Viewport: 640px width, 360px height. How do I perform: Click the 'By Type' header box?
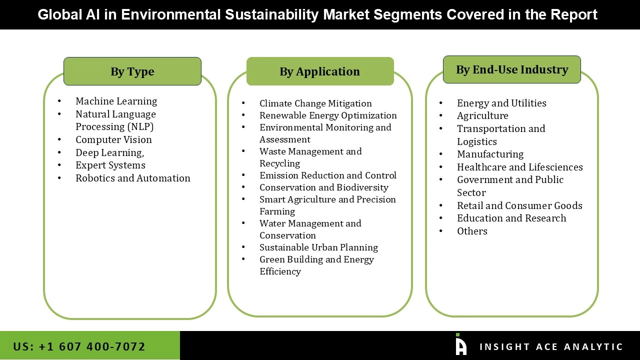point(132,71)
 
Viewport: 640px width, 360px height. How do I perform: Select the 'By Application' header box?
point(320,71)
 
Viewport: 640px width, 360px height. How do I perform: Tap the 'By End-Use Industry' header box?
point(512,69)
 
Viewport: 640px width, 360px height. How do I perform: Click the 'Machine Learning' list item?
point(116,101)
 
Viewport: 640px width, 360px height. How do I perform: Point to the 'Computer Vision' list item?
point(113,139)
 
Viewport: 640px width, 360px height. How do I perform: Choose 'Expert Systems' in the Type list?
point(110,165)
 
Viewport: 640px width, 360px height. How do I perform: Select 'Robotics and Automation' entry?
point(133,178)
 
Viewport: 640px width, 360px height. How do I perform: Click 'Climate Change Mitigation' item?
point(315,103)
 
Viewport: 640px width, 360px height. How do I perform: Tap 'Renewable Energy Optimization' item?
point(328,115)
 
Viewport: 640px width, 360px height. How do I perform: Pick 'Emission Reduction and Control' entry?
point(328,175)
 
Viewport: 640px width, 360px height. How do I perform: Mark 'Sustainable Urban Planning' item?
point(318,247)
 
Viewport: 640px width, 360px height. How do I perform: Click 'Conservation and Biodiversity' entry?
point(324,187)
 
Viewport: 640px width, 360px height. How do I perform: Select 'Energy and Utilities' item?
point(501,103)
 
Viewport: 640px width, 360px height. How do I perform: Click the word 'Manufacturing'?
point(490,154)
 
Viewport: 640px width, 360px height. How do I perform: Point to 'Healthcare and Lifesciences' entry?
point(520,167)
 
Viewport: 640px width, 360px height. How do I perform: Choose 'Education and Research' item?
point(511,218)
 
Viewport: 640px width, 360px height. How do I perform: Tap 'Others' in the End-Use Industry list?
point(472,231)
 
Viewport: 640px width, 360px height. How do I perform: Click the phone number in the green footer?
point(79,346)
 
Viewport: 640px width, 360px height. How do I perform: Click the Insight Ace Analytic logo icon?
point(461,345)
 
